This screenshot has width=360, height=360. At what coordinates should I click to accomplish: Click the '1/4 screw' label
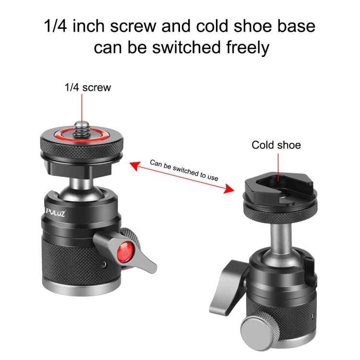(88, 87)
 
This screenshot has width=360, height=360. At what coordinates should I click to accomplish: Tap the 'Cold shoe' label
(276, 145)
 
